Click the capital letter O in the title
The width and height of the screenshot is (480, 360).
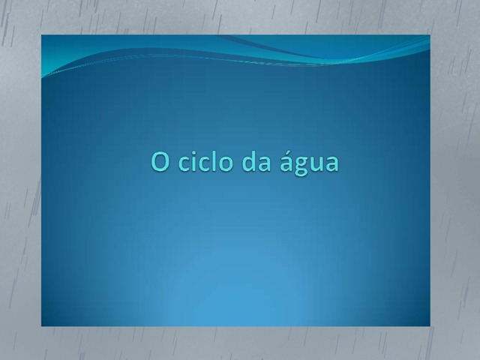(160, 162)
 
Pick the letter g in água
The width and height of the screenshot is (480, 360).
(301, 166)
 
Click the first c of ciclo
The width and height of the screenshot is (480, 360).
(184, 163)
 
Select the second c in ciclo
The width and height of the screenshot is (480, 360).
(205, 163)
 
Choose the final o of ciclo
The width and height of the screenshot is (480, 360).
(226, 163)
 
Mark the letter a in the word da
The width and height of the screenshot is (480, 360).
(265, 163)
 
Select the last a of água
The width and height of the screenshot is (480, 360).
(332, 163)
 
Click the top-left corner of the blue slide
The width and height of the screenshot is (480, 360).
(41, 35)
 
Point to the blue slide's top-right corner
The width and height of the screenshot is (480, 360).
(430, 35)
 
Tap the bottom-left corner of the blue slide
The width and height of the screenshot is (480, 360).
(41, 326)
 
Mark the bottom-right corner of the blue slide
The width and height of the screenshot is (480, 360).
(430, 326)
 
